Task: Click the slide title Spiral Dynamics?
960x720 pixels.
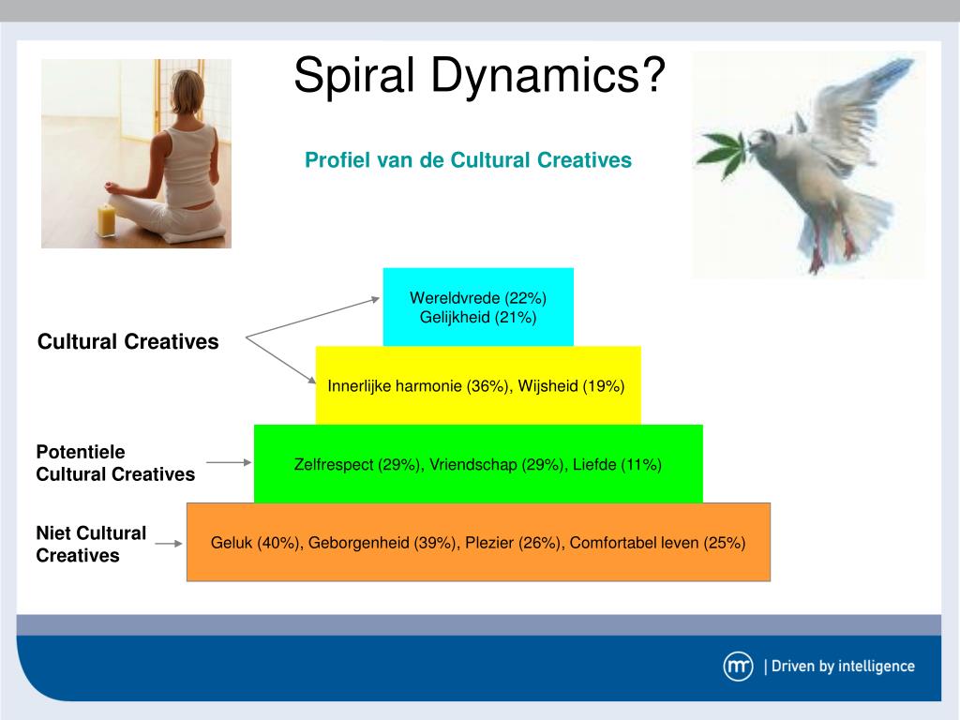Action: (x=479, y=75)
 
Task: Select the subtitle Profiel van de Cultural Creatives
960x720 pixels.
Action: (x=469, y=159)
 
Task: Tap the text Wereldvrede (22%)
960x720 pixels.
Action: (x=478, y=298)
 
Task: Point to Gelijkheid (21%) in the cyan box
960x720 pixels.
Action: (x=478, y=317)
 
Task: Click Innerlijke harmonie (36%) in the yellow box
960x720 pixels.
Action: (x=418, y=386)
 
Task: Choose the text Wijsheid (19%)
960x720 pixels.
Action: (x=571, y=386)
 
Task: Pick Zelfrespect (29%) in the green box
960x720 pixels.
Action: (x=357, y=465)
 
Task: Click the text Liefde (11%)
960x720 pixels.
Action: (x=617, y=465)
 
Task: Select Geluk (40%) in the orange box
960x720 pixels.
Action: (x=255, y=543)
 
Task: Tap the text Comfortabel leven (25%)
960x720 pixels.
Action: (x=657, y=543)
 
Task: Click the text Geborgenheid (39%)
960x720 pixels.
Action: (x=382, y=543)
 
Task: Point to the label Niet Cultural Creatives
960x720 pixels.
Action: (x=91, y=545)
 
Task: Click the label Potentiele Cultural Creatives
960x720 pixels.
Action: (x=115, y=463)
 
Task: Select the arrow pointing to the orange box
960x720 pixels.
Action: (x=169, y=544)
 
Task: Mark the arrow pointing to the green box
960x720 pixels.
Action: (x=229, y=462)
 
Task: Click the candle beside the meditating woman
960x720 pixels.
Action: (x=106, y=220)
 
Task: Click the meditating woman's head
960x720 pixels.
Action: (x=187, y=91)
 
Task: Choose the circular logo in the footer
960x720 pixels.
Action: (x=738, y=667)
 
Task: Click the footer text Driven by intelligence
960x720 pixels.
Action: (x=843, y=667)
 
